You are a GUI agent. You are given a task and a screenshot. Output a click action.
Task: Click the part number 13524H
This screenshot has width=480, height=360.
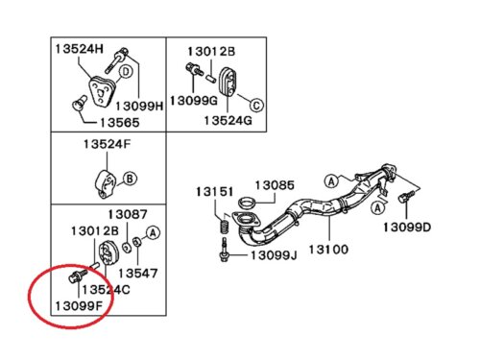[x=80, y=49]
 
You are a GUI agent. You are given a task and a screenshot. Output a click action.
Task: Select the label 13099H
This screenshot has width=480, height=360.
[x=139, y=107]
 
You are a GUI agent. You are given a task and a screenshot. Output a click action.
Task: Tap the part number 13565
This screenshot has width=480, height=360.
[x=120, y=123]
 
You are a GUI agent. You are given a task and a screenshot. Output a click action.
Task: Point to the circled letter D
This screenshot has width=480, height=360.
[x=126, y=72]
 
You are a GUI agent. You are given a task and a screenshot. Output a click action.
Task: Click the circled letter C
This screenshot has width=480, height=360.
[x=256, y=106]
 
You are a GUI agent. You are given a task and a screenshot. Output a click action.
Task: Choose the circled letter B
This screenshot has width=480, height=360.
[x=130, y=179]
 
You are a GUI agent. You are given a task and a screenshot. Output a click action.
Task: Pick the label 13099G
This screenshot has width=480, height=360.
[x=194, y=101]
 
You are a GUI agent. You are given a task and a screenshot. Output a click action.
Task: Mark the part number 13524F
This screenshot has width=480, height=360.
[x=108, y=144]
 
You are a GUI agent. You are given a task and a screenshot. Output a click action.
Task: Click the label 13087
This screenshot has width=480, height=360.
[x=128, y=214]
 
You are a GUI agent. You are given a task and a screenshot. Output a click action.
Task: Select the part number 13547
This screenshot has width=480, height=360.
[x=138, y=274]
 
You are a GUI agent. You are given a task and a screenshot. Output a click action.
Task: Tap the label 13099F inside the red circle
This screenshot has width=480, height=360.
[x=79, y=306]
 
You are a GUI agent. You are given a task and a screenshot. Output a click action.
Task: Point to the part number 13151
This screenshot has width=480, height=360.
[x=215, y=192]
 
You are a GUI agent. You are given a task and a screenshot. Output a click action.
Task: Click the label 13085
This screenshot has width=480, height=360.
[x=275, y=185]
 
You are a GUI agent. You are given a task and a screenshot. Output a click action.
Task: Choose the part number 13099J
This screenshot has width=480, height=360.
[x=274, y=255]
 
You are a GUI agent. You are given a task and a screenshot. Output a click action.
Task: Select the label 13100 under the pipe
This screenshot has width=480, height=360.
[x=328, y=250]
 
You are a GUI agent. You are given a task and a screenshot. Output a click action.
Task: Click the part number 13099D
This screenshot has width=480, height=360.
[x=407, y=228]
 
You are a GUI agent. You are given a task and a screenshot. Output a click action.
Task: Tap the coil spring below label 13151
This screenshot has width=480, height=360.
[x=225, y=223]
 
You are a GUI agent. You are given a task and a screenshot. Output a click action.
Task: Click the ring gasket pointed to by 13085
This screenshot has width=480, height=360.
[x=248, y=203]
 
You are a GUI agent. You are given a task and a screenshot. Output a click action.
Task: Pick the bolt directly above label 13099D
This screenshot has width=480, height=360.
[x=406, y=196]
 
